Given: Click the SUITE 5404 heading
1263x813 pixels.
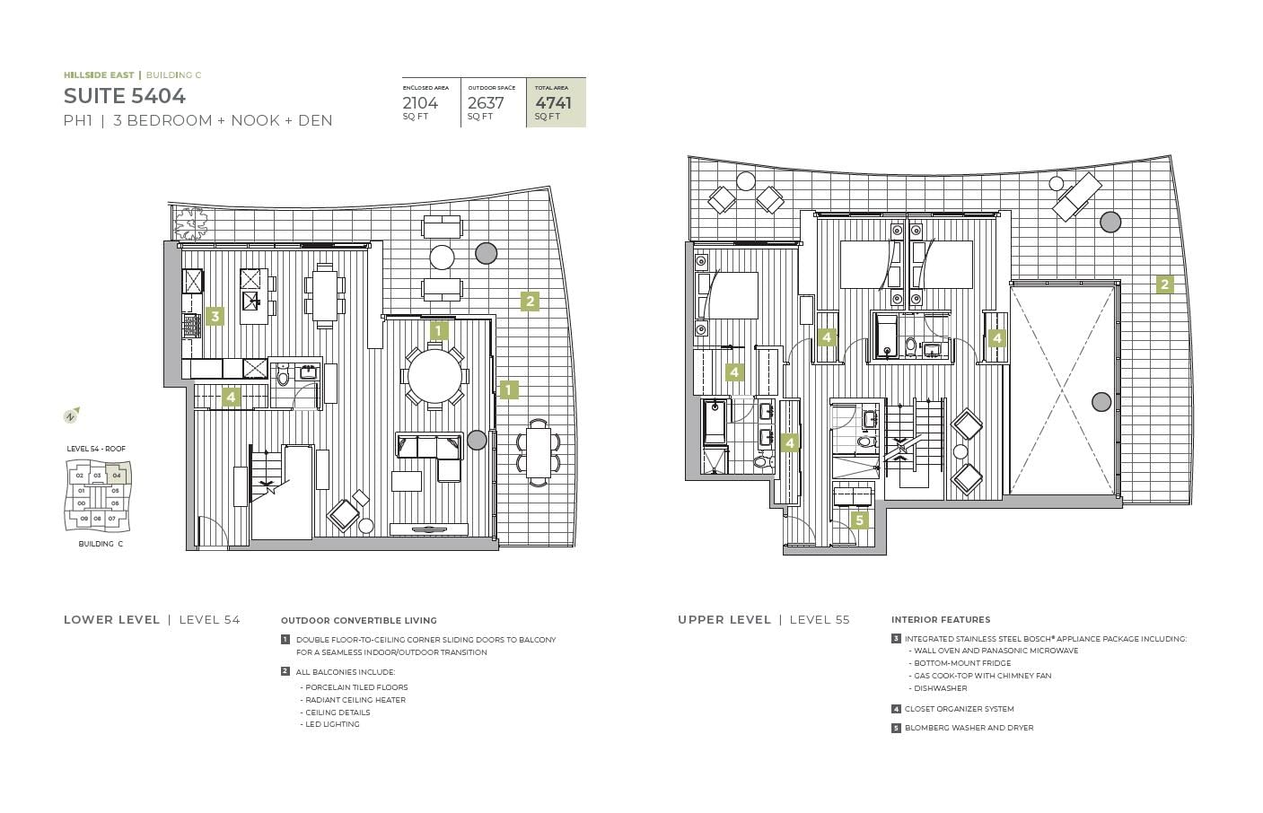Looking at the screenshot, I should [x=125, y=96].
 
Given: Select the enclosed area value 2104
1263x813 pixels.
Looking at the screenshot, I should [x=420, y=102].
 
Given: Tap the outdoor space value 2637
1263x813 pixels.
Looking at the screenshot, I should [x=486, y=102].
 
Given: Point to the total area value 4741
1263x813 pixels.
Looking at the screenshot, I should [x=553, y=102].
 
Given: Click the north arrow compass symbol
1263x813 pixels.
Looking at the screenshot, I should [x=71, y=415].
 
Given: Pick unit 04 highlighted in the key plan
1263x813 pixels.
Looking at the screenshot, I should [x=116, y=475].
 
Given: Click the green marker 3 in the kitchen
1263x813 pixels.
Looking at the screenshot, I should [x=215, y=316].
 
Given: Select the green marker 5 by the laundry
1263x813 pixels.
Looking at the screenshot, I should [x=859, y=520].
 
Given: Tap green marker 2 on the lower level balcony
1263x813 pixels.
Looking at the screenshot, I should [x=530, y=302].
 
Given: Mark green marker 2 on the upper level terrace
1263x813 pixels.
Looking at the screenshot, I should [x=1164, y=284].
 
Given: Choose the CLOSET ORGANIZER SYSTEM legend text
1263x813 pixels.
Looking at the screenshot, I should [x=959, y=709].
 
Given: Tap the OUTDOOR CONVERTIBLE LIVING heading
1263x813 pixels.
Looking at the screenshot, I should [x=358, y=620].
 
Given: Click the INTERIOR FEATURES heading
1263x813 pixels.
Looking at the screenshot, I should [x=941, y=619].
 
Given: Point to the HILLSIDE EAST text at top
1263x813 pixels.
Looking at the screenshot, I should [x=99, y=75].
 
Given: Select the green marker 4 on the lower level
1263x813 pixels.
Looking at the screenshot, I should [x=231, y=397].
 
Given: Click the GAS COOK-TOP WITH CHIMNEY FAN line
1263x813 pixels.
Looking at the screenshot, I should [x=982, y=676].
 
